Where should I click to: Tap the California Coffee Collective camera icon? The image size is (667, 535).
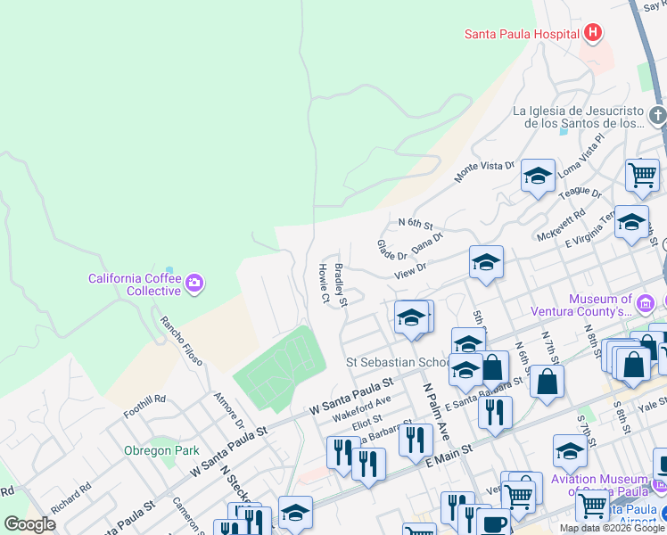coord(194,284)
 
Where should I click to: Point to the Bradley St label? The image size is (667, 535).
coord(340,284)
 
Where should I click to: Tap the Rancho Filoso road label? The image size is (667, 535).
coord(181,341)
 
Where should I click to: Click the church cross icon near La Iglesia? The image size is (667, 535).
coord(656,115)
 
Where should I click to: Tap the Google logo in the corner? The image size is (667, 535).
coord(29,524)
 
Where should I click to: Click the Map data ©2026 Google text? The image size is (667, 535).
coord(612,528)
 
